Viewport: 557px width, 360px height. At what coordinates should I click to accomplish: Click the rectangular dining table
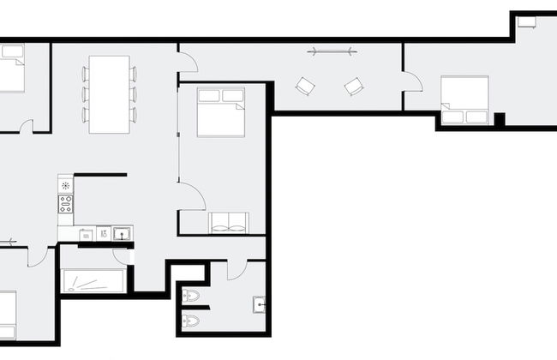point(108,94)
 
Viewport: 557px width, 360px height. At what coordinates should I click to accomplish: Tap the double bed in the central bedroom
point(220,112)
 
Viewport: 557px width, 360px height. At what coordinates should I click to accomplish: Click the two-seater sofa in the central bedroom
point(228,223)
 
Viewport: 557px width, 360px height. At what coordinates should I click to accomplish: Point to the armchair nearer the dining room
point(304,86)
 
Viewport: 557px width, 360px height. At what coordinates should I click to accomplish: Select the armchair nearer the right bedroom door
point(354,86)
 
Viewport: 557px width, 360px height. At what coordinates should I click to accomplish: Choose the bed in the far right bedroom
point(464,100)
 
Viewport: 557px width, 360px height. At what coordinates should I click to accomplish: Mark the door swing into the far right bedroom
point(413,83)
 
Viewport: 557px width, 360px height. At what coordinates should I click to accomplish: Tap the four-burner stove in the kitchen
point(65,203)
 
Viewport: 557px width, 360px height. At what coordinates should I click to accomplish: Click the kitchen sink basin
point(123,232)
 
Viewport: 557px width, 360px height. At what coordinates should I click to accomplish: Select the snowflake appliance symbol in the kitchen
point(65,185)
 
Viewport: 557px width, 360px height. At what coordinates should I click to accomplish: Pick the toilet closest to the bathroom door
point(192,296)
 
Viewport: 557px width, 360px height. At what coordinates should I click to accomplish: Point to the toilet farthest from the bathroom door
point(192,321)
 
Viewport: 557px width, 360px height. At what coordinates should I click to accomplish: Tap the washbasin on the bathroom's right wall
point(258,304)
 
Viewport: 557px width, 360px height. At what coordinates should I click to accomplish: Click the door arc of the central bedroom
point(192,195)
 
